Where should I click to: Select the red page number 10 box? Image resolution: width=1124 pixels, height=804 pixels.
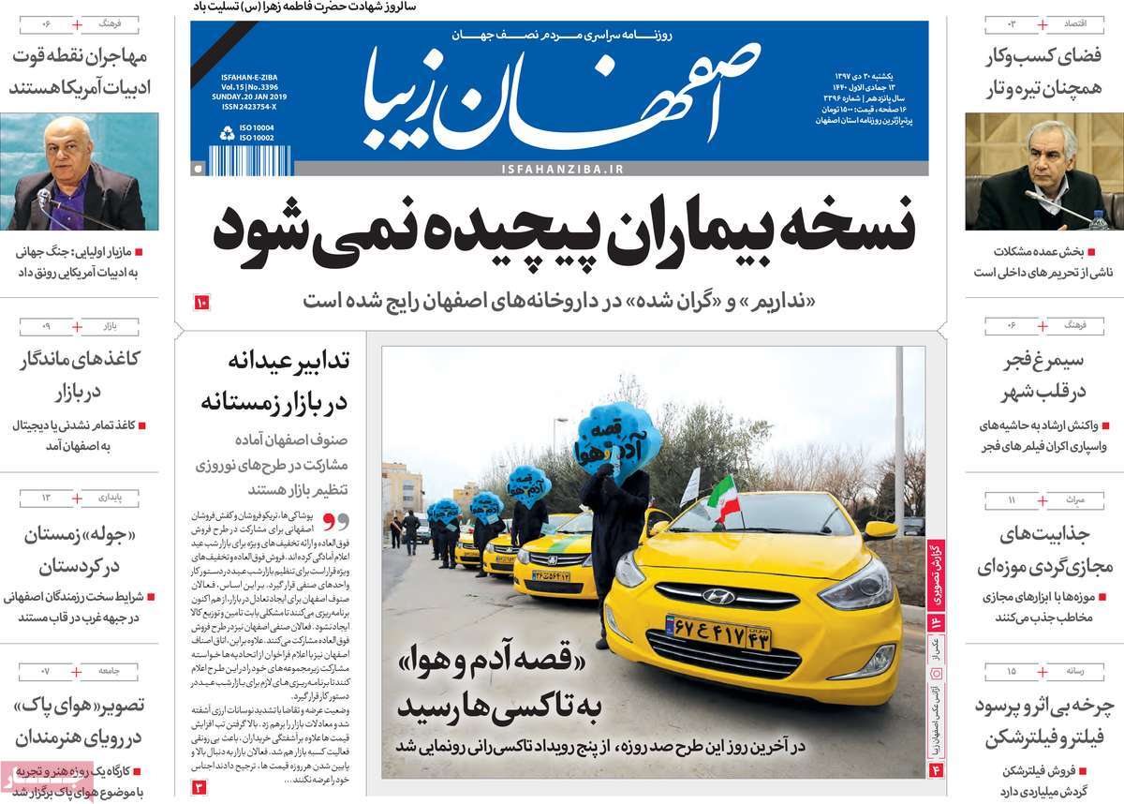point(203,302)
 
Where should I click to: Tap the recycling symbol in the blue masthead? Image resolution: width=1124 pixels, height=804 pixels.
point(227,134)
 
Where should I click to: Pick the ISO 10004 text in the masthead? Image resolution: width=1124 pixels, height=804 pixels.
point(258,127)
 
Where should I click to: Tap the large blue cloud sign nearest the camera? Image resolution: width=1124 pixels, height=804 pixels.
point(618,438)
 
